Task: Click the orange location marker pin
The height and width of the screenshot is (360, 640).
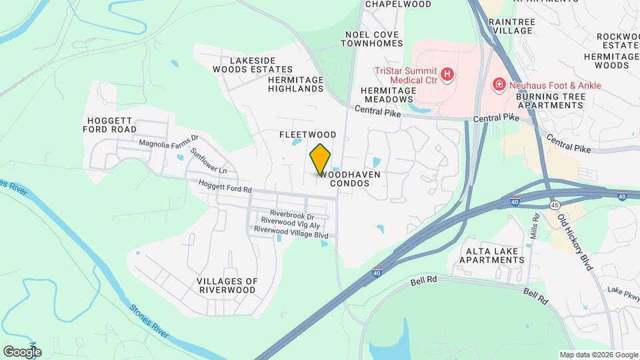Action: pos(320,159)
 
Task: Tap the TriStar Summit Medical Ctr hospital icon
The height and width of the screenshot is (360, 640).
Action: pos(448,74)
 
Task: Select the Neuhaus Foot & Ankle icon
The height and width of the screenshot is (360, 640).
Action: pos(498,85)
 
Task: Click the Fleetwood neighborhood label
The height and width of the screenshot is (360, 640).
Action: pos(307,135)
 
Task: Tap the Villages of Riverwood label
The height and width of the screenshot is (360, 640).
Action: pos(227,285)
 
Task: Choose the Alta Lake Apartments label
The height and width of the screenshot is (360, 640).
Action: pos(493,255)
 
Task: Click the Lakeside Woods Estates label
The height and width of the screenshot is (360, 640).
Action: pos(253,65)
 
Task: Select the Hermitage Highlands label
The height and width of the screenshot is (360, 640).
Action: pos(295,84)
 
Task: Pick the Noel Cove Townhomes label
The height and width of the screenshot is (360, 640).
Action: pos(371,39)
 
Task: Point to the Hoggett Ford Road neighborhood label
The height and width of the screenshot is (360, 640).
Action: pos(111,125)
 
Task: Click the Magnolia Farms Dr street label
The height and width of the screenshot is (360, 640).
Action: pos(169,142)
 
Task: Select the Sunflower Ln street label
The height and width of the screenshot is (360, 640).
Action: pos(208,161)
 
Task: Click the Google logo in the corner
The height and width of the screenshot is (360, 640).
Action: pos(22,351)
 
